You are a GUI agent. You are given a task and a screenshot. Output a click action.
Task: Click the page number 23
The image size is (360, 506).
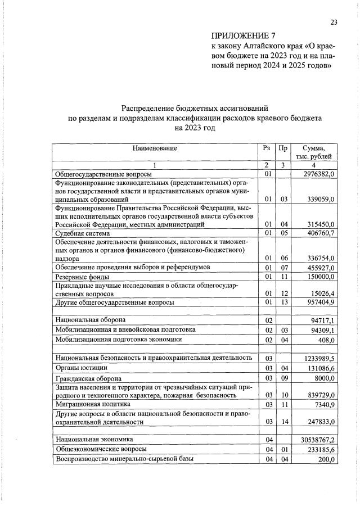tap(334, 22)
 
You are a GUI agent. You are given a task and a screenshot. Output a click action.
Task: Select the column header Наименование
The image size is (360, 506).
tap(155, 148)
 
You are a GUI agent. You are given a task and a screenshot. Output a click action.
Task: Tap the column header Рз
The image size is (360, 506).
tap(267, 148)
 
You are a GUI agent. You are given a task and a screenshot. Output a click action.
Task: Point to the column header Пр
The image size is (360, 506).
tap(283, 148)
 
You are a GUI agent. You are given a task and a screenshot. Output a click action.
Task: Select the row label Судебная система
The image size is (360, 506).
tap(82, 233)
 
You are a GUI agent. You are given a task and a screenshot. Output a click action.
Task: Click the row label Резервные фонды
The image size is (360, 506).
tap(82, 277)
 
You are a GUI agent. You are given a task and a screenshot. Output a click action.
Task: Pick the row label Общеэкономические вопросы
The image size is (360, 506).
tap(101, 449)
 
